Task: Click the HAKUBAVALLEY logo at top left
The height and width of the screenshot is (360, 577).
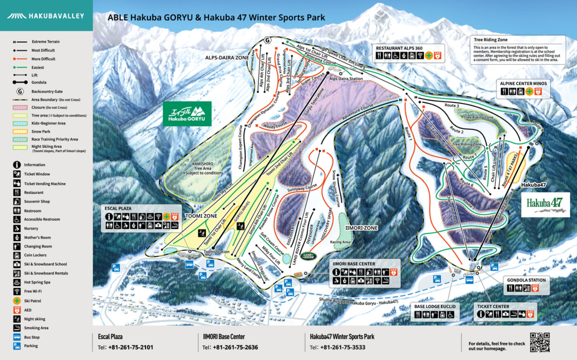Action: pyautogui.click(x=45, y=16)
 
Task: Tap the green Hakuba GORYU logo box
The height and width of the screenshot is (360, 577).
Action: pyautogui.click(x=187, y=114)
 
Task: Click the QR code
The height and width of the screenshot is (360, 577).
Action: pyautogui.click(x=540, y=342)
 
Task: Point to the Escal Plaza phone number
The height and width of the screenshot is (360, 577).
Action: pyautogui.click(x=130, y=347)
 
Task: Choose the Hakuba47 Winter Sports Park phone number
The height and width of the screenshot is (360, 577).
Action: pyautogui.click(x=342, y=347)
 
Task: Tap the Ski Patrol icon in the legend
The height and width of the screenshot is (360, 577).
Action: pyautogui.click(x=17, y=301)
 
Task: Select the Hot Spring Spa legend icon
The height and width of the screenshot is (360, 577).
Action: pyautogui.click(x=17, y=282)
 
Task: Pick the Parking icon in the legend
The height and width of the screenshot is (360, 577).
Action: pyautogui.click(x=17, y=346)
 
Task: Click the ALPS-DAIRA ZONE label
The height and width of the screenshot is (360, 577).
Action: pyautogui.click(x=227, y=58)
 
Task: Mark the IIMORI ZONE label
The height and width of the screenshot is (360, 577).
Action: pyautogui.click(x=361, y=228)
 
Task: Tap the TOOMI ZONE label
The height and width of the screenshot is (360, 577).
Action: pyautogui.click(x=201, y=216)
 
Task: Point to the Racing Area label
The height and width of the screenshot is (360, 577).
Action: pyautogui.click(x=340, y=242)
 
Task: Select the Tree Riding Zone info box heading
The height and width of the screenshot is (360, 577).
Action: pyautogui.click(x=490, y=40)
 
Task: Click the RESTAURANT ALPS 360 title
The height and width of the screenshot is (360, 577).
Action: pyautogui.click(x=399, y=48)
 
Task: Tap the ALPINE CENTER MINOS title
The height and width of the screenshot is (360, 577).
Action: pyautogui.click(x=523, y=84)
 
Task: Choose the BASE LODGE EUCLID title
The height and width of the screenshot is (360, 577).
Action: pyautogui.click(x=435, y=306)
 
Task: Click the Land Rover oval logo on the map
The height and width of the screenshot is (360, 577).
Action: pyautogui.click(x=308, y=256)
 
